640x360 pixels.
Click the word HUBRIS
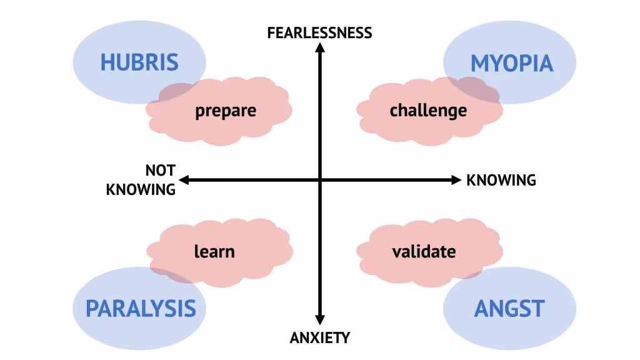[139, 62]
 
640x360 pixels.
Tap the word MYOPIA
[512, 63]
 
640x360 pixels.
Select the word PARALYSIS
[141, 308]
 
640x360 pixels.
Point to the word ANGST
[509, 308]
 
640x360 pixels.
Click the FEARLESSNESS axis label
[319, 32]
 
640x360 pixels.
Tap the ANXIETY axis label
[320, 338]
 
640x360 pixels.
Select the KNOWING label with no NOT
[501, 180]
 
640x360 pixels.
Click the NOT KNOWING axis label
[141, 180]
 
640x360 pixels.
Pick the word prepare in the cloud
[226, 111]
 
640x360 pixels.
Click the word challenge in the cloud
[428, 111]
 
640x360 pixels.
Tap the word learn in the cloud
[214, 251]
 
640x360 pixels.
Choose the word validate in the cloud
[424, 251]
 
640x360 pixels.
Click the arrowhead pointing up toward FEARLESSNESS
[320, 49]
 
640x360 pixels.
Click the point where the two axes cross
[320, 180]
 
